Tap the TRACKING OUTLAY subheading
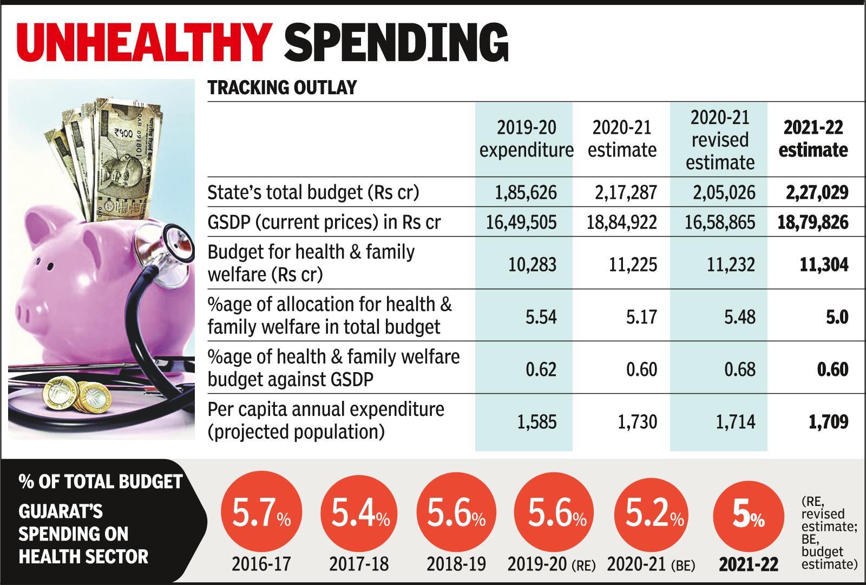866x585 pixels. pyautogui.click(x=282, y=88)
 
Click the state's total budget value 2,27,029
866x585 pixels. pyautogui.click(x=817, y=192)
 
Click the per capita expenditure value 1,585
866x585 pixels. pyautogui.click(x=534, y=421)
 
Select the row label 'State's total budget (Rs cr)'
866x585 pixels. pyautogui.click(x=313, y=192)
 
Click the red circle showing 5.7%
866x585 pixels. pyautogui.click(x=261, y=514)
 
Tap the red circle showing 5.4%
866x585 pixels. pyautogui.click(x=359, y=514)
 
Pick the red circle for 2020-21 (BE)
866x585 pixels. pyautogui.click(x=654, y=514)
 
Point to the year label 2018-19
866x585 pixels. pyautogui.click(x=456, y=564)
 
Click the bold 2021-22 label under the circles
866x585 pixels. pyautogui.click(x=748, y=564)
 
